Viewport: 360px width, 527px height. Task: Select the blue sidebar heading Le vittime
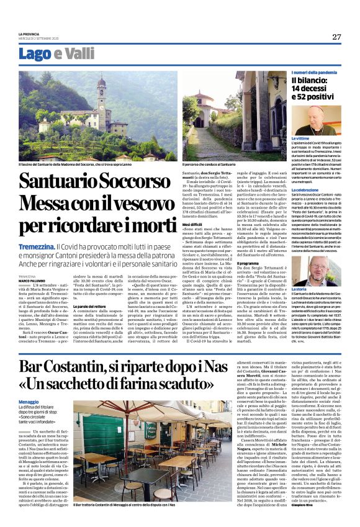point(300,138)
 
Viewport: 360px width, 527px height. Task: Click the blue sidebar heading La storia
point(299,289)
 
